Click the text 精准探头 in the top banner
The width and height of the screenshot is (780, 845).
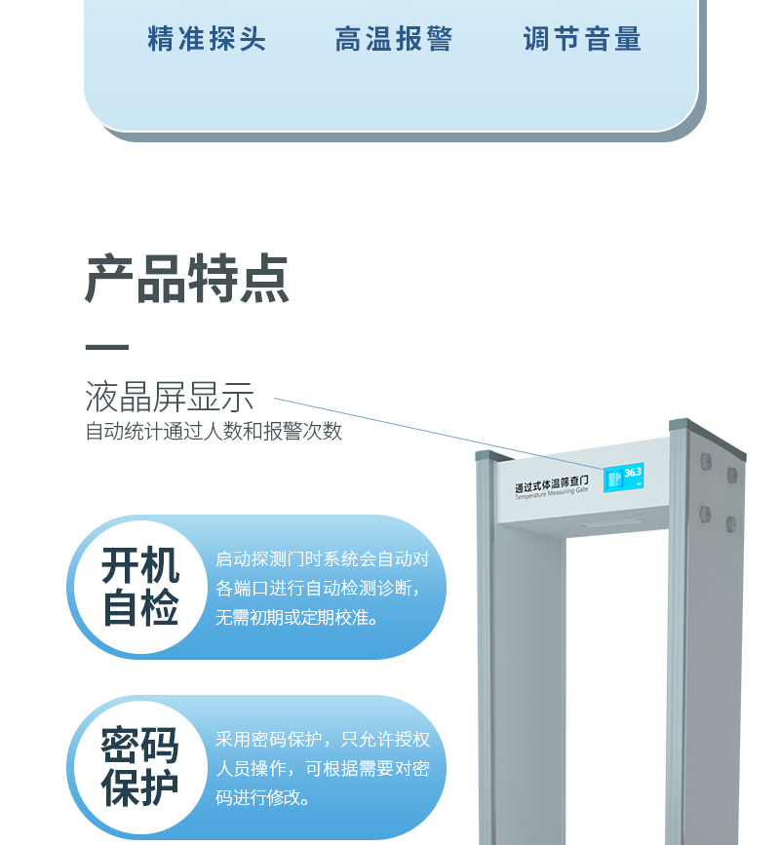pyautogui.click(x=207, y=39)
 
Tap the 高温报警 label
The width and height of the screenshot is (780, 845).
pyautogui.click(x=394, y=39)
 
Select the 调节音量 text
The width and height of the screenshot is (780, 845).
pyautogui.click(x=582, y=39)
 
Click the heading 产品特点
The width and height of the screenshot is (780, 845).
pyautogui.click(x=187, y=280)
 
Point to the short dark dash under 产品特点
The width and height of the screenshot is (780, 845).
pyautogui.click(x=106, y=347)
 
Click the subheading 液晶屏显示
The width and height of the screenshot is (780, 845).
pyautogui.click(x=170, y=397)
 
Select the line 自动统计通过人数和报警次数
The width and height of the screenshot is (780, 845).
pyautogui.click(x=214, y=431)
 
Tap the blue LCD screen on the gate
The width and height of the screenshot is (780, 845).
pyautogui.click(x=623, y=477)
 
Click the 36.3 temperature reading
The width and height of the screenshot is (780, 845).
pyautogui.click(x=633, y=473)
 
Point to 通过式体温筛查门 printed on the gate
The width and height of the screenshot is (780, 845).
pyautogui.click(x=552, y=483)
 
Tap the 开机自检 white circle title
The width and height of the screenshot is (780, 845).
pyautogui.click(x=140, y=588)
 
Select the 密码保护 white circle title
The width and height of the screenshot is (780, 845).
pyautogui.click(x=140, y=767)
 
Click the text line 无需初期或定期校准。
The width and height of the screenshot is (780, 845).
pyautogui.click(x=297, y=618)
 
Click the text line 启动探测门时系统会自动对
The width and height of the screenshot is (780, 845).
pyautogui.click(x=322, y=559)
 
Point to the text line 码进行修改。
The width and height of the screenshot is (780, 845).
pyautogui.click(x=263, y=797)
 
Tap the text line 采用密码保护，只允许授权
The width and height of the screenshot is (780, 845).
pyautogui.click(x=322, y=739)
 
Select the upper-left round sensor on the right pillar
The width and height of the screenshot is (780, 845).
pyautogui.click(x=705, y=460)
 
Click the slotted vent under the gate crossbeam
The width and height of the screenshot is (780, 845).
pyautogui.click(x=610, y=523)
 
